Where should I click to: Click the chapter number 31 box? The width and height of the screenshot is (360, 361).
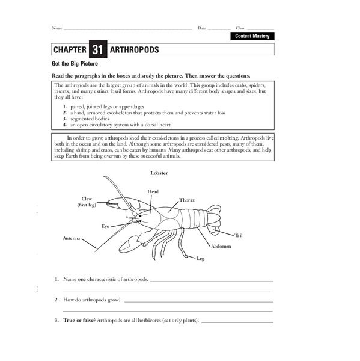point(98,49)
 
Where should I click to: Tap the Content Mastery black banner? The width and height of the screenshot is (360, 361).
point(252,37)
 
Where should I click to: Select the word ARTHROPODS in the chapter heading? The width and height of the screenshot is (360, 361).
point(135,50)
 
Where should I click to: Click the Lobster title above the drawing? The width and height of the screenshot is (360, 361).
point(159,173)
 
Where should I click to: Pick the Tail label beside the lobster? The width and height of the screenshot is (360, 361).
point(239,235)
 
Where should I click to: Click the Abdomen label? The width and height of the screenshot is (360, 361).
point(220,247)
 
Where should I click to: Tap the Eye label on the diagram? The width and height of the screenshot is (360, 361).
point(105,226)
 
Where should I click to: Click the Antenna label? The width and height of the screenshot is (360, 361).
point(72,238)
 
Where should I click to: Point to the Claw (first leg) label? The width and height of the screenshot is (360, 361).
point(87,202)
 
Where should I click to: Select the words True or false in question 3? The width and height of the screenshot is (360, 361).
point(78,319)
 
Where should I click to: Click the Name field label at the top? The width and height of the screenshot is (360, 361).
point(56,28)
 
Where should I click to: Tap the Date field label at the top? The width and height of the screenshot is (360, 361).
point(202,28)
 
